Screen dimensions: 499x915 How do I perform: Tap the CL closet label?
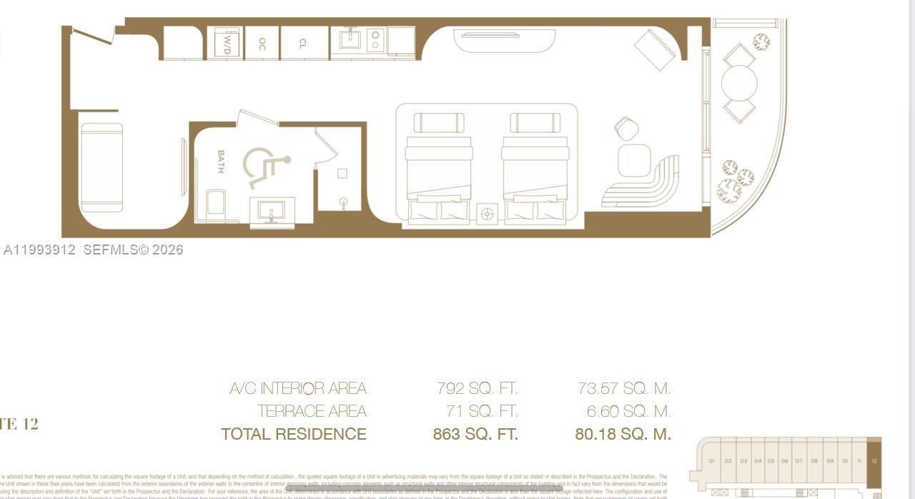(x=302, y=42)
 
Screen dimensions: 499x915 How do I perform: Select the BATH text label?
(x=220, y=162)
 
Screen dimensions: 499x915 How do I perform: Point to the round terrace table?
(x=739, y=84)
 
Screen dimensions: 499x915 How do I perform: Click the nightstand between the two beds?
(x=487, y=213)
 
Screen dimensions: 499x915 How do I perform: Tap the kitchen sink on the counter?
(x=350, y=39)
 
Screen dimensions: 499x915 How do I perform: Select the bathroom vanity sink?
(x=272, y=211)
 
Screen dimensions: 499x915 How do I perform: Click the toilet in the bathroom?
(x=215, y=204)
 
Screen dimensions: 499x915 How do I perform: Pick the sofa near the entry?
(x=101, y=169)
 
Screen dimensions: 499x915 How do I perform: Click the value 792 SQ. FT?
(x=477, y=389)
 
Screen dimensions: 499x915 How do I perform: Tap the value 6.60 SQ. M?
(x=624, y=412)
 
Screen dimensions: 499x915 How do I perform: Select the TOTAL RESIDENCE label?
(x=294, y=434)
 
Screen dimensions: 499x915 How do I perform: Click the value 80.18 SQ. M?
(x=623, y=434)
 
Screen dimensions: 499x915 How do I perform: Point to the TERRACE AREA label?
(x=312, y=412)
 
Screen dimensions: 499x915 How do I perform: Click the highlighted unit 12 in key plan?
(x=874, y=462)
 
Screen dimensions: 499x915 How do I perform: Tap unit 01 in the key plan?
(x=712, y=461)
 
